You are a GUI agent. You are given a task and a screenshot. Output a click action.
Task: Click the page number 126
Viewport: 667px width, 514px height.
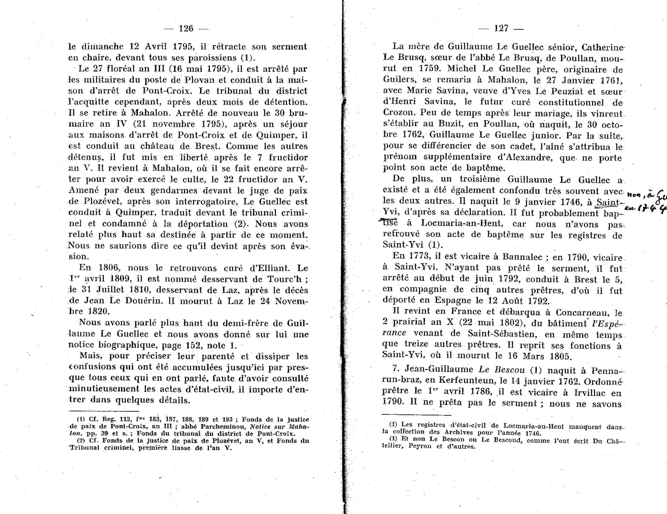[186, 28]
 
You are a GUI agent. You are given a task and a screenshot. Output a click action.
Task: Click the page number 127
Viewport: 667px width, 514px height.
[501, 28]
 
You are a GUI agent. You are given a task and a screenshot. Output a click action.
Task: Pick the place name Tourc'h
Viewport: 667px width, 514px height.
[288, 279]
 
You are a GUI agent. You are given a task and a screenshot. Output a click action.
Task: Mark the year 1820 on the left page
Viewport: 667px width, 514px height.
[99, 312]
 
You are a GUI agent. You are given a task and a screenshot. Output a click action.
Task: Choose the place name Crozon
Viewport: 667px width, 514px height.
[398, 113]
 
